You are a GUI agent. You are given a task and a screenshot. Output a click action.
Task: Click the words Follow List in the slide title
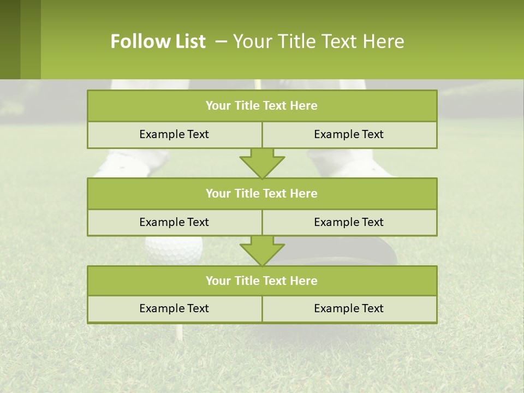pyautogui.click(x=158, y=41)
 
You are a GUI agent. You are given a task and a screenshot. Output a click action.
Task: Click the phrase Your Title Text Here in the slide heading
pyautogui.click(x=319, y=41)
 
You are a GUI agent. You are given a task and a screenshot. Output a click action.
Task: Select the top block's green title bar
pyautogui.click(x=262, y=106)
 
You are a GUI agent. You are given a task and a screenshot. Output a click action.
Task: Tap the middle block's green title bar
pyautogui.click(x=262, y=193)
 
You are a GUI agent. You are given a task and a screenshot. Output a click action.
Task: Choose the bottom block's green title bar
pyautogui.click(x=262, y=281)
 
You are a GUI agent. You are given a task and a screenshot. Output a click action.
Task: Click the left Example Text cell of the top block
pyautogui.click(x=174, y=134)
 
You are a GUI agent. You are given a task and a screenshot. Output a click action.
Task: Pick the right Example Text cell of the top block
pyautogui.click(x=349, y=134)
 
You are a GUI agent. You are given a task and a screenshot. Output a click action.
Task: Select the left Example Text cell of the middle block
pyautogui.click(x=174, y=222)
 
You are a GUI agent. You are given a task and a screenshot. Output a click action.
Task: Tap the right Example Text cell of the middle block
pyautogui.click(x=349, y=222)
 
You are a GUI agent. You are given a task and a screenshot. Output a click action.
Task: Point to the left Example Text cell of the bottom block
pyautogui.click(x=174, y=308)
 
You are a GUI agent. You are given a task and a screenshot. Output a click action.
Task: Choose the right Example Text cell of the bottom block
pyautogui.click(x=349, y=308)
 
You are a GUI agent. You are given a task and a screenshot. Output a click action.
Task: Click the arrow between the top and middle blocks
pyautogui.click(x=262, y=163)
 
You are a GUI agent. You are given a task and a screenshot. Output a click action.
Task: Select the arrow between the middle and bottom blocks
pyautogui.click(x=262, y=251)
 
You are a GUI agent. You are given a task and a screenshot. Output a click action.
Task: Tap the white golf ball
pyautogui.click(x=174, y=249)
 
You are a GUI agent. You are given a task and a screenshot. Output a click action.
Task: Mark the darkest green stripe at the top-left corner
pyautogui.click(x=10, y=39)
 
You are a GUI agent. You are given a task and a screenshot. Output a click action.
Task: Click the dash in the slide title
pyautogui.click(x=221, y=41)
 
